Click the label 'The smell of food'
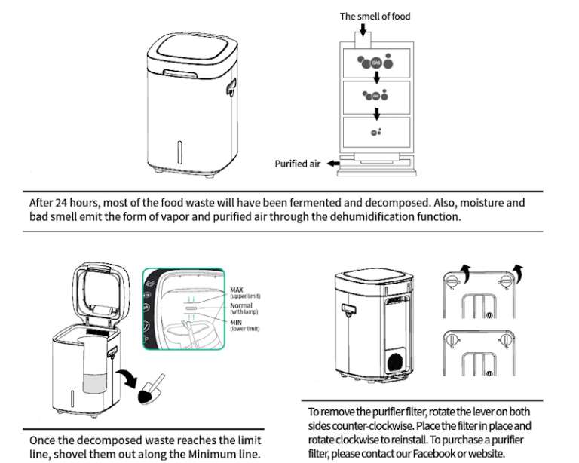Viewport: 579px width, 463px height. [374, 16]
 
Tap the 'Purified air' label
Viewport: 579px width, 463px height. [297, 163]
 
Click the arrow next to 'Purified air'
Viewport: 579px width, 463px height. [332, 163]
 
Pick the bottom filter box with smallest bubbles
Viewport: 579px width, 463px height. [375, 132]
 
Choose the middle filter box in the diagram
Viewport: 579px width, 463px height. [375, 97]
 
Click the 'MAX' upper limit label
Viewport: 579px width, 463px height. [236, 290]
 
